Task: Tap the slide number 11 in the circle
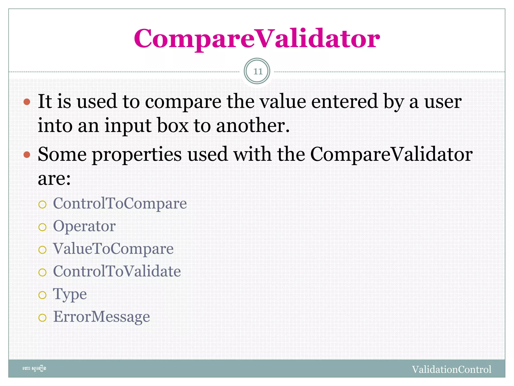[x=257, y=71]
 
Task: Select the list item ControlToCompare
[x=120, y=203]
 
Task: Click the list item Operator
[x=84, y=226]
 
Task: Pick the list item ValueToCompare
[x=113, y=249]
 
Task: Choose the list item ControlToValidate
[x=117, y=271]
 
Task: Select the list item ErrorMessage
[x=101, y=317]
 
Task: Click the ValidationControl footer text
[x=452, y=369]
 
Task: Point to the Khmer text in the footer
[x=34, y=369]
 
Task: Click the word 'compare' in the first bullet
[x=183, y=102]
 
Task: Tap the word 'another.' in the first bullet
[x=253, y=125]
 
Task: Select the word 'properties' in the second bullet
[x=137, y=155]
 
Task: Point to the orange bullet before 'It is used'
[x=27, y=102]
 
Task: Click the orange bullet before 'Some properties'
[x=27, y=155]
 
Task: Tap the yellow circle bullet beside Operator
[x=42, y=227]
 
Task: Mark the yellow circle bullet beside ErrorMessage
[x=42, y=318]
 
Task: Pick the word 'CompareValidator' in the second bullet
[x=391, y=155]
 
